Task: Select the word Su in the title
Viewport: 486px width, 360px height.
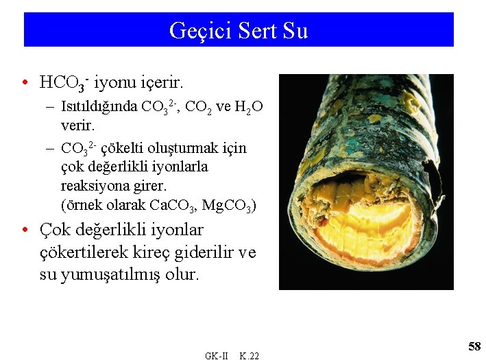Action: click(x=295, y=31)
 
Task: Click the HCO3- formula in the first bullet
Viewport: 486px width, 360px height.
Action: click(x=64, y=84)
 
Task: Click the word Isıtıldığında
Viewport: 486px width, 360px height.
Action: click(x=99, y=107)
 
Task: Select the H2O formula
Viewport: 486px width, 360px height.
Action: click(x=249, y=107)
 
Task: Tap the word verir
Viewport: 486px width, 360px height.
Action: click(x=77, y=127)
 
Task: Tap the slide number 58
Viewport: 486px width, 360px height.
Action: click(x=474, y=346)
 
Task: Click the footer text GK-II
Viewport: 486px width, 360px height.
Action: click(x=216, y=355)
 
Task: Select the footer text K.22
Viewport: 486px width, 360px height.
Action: click(x=249, y=355)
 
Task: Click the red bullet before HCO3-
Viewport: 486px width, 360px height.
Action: click(x=25, y=84)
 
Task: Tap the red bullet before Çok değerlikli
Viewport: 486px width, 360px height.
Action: click(x=25, y=230)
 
